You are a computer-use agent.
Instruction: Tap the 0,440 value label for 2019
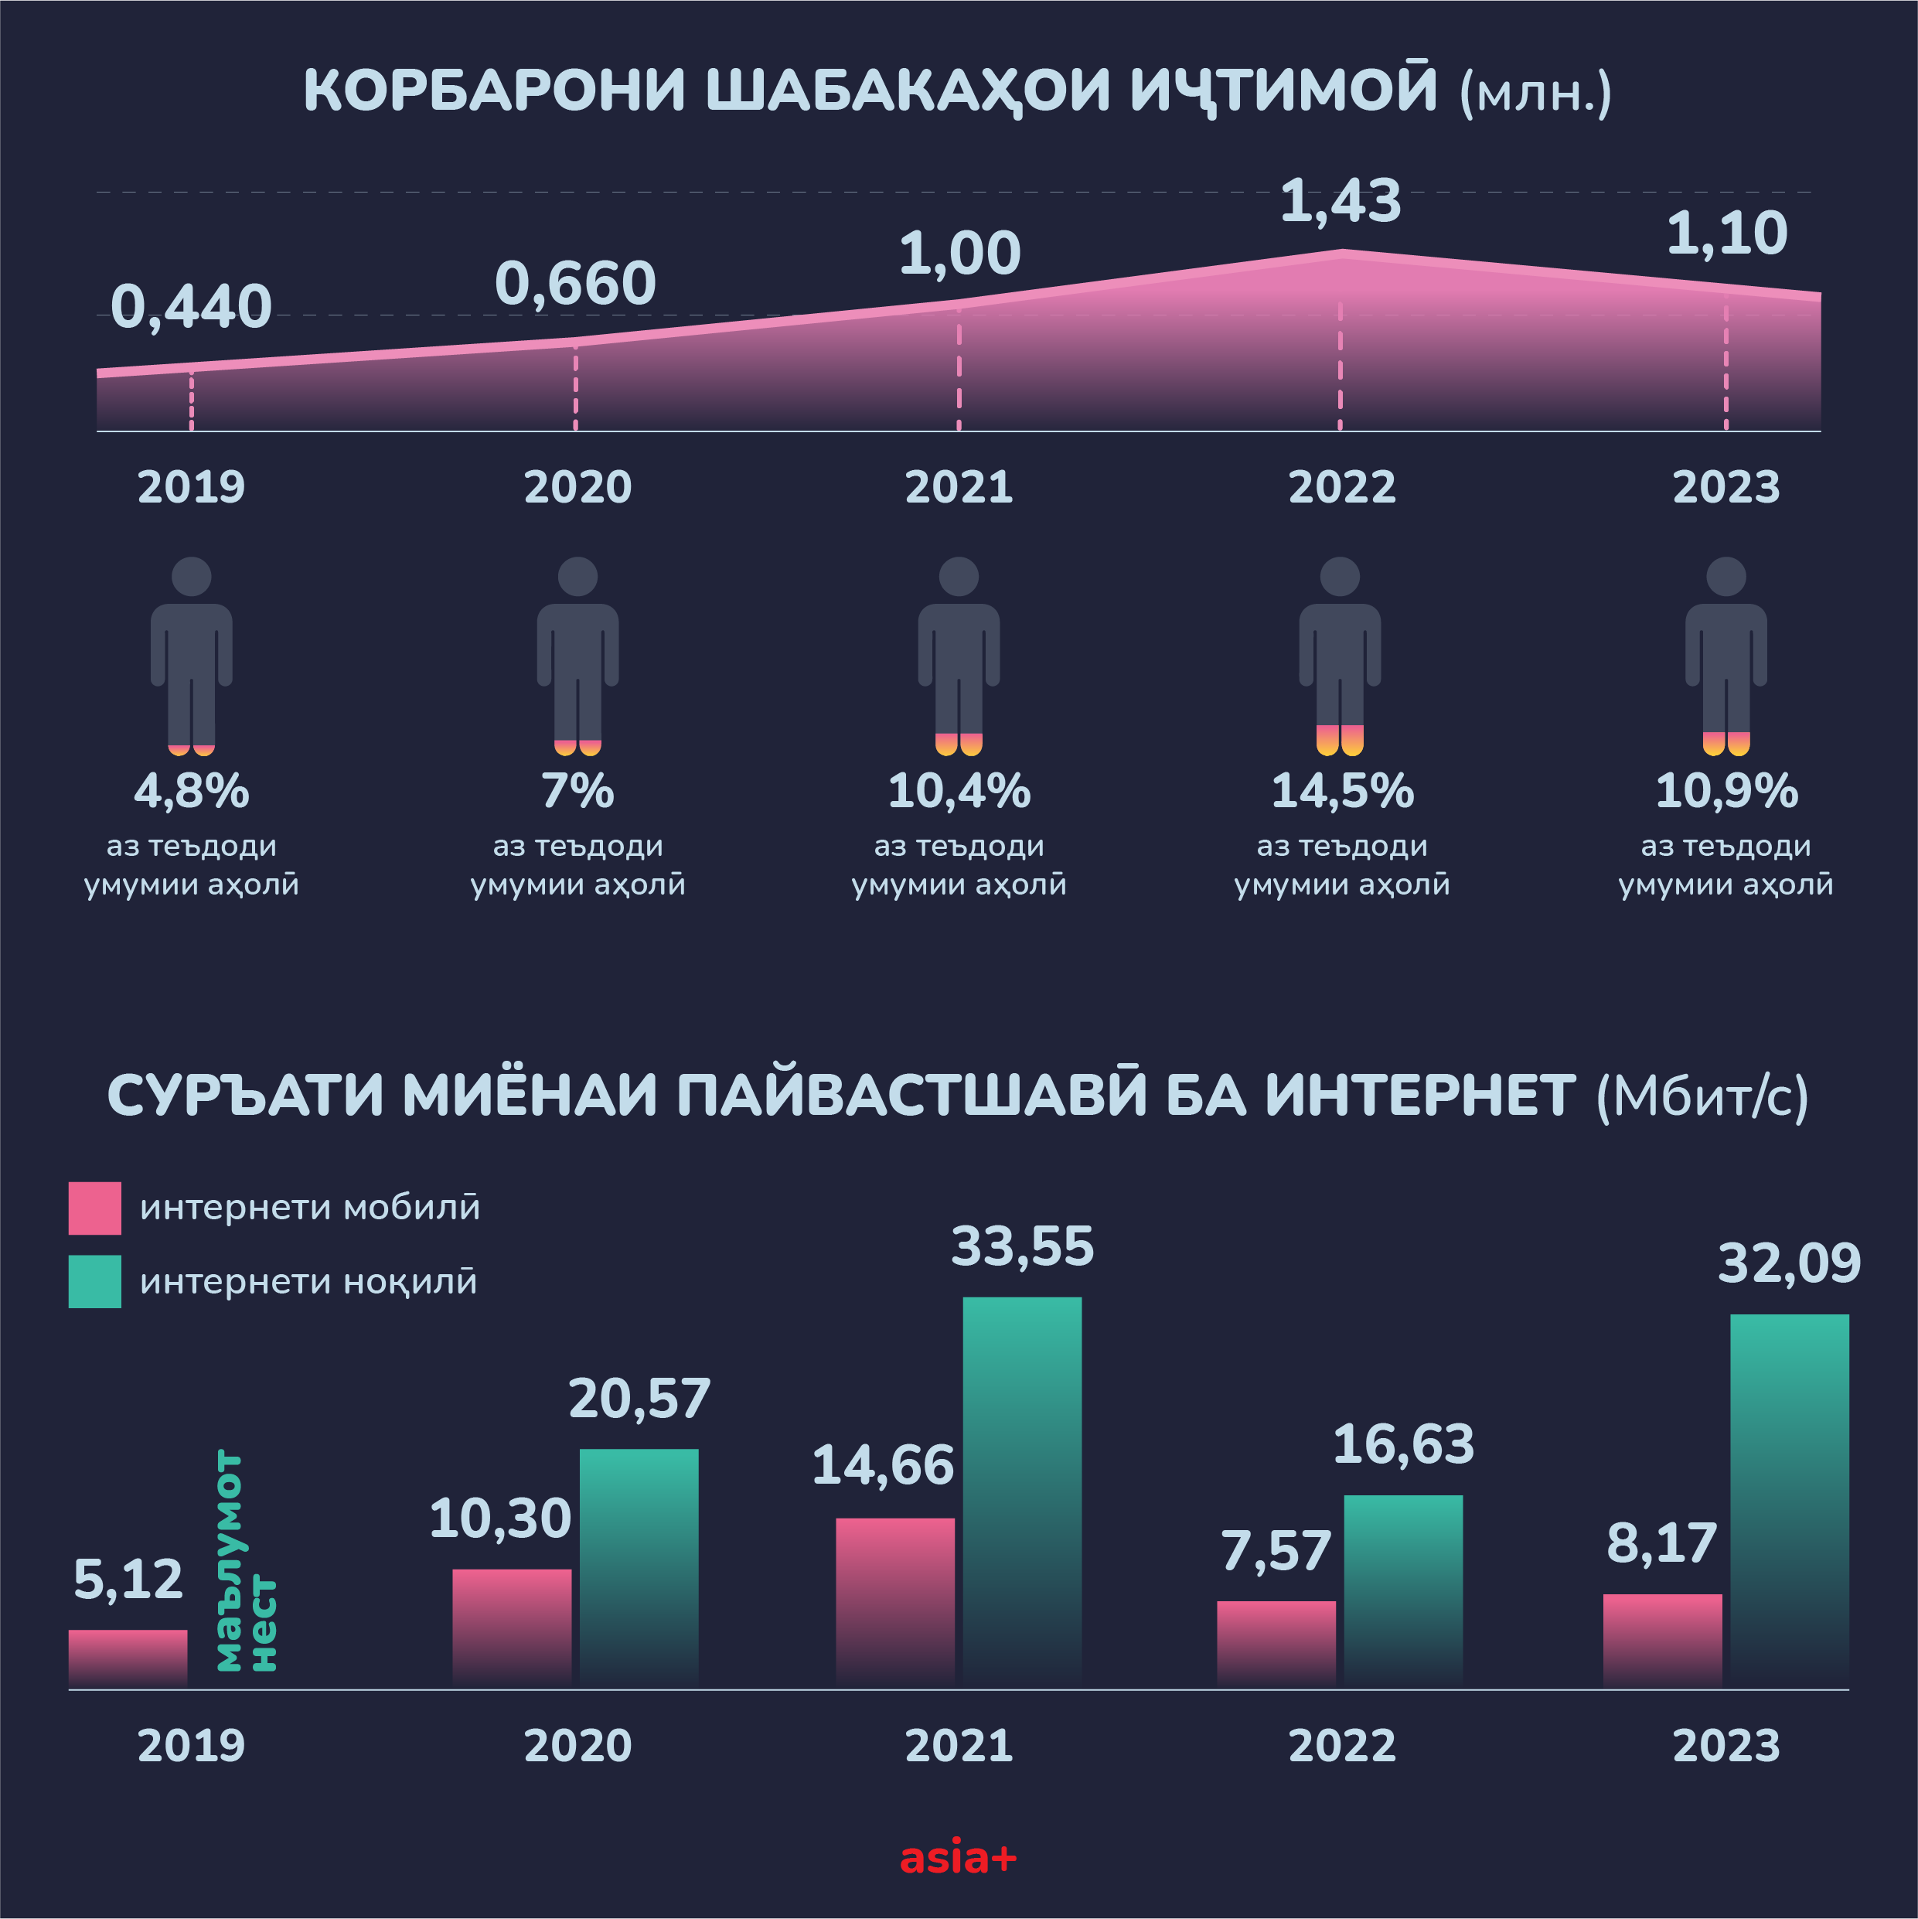pyautogui.click(x=191, y=306)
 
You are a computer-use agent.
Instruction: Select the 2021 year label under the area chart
pyautogui.click(x=959, y=486)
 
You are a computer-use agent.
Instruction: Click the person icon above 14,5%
pyautogui.click(x=1340, y=655)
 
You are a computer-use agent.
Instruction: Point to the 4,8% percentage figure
pyautogui.click(x=191, y=791)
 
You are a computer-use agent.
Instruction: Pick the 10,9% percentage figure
pyautogui.click(x=1726, y=791)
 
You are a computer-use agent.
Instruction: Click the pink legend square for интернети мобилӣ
pyautogui.click(x=94, y=1208)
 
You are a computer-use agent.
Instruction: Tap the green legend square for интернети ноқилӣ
pyautogui.click(x=94, y=1281)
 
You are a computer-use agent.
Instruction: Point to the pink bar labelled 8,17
pyautogui.click(x=1662, y=1641)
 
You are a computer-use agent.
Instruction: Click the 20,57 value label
pyautogui.click(x=639, y=1399)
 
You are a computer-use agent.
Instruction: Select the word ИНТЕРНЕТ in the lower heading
pyautogui.click(x=1419, y=1096)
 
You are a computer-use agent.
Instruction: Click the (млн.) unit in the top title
pyautogui.click(x=1535, y=94)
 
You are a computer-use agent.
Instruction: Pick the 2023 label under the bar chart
pyautogui.click(x=1726, y=1746)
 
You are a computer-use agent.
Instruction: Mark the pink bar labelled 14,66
pyautogui.click(x=895, y=1602)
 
